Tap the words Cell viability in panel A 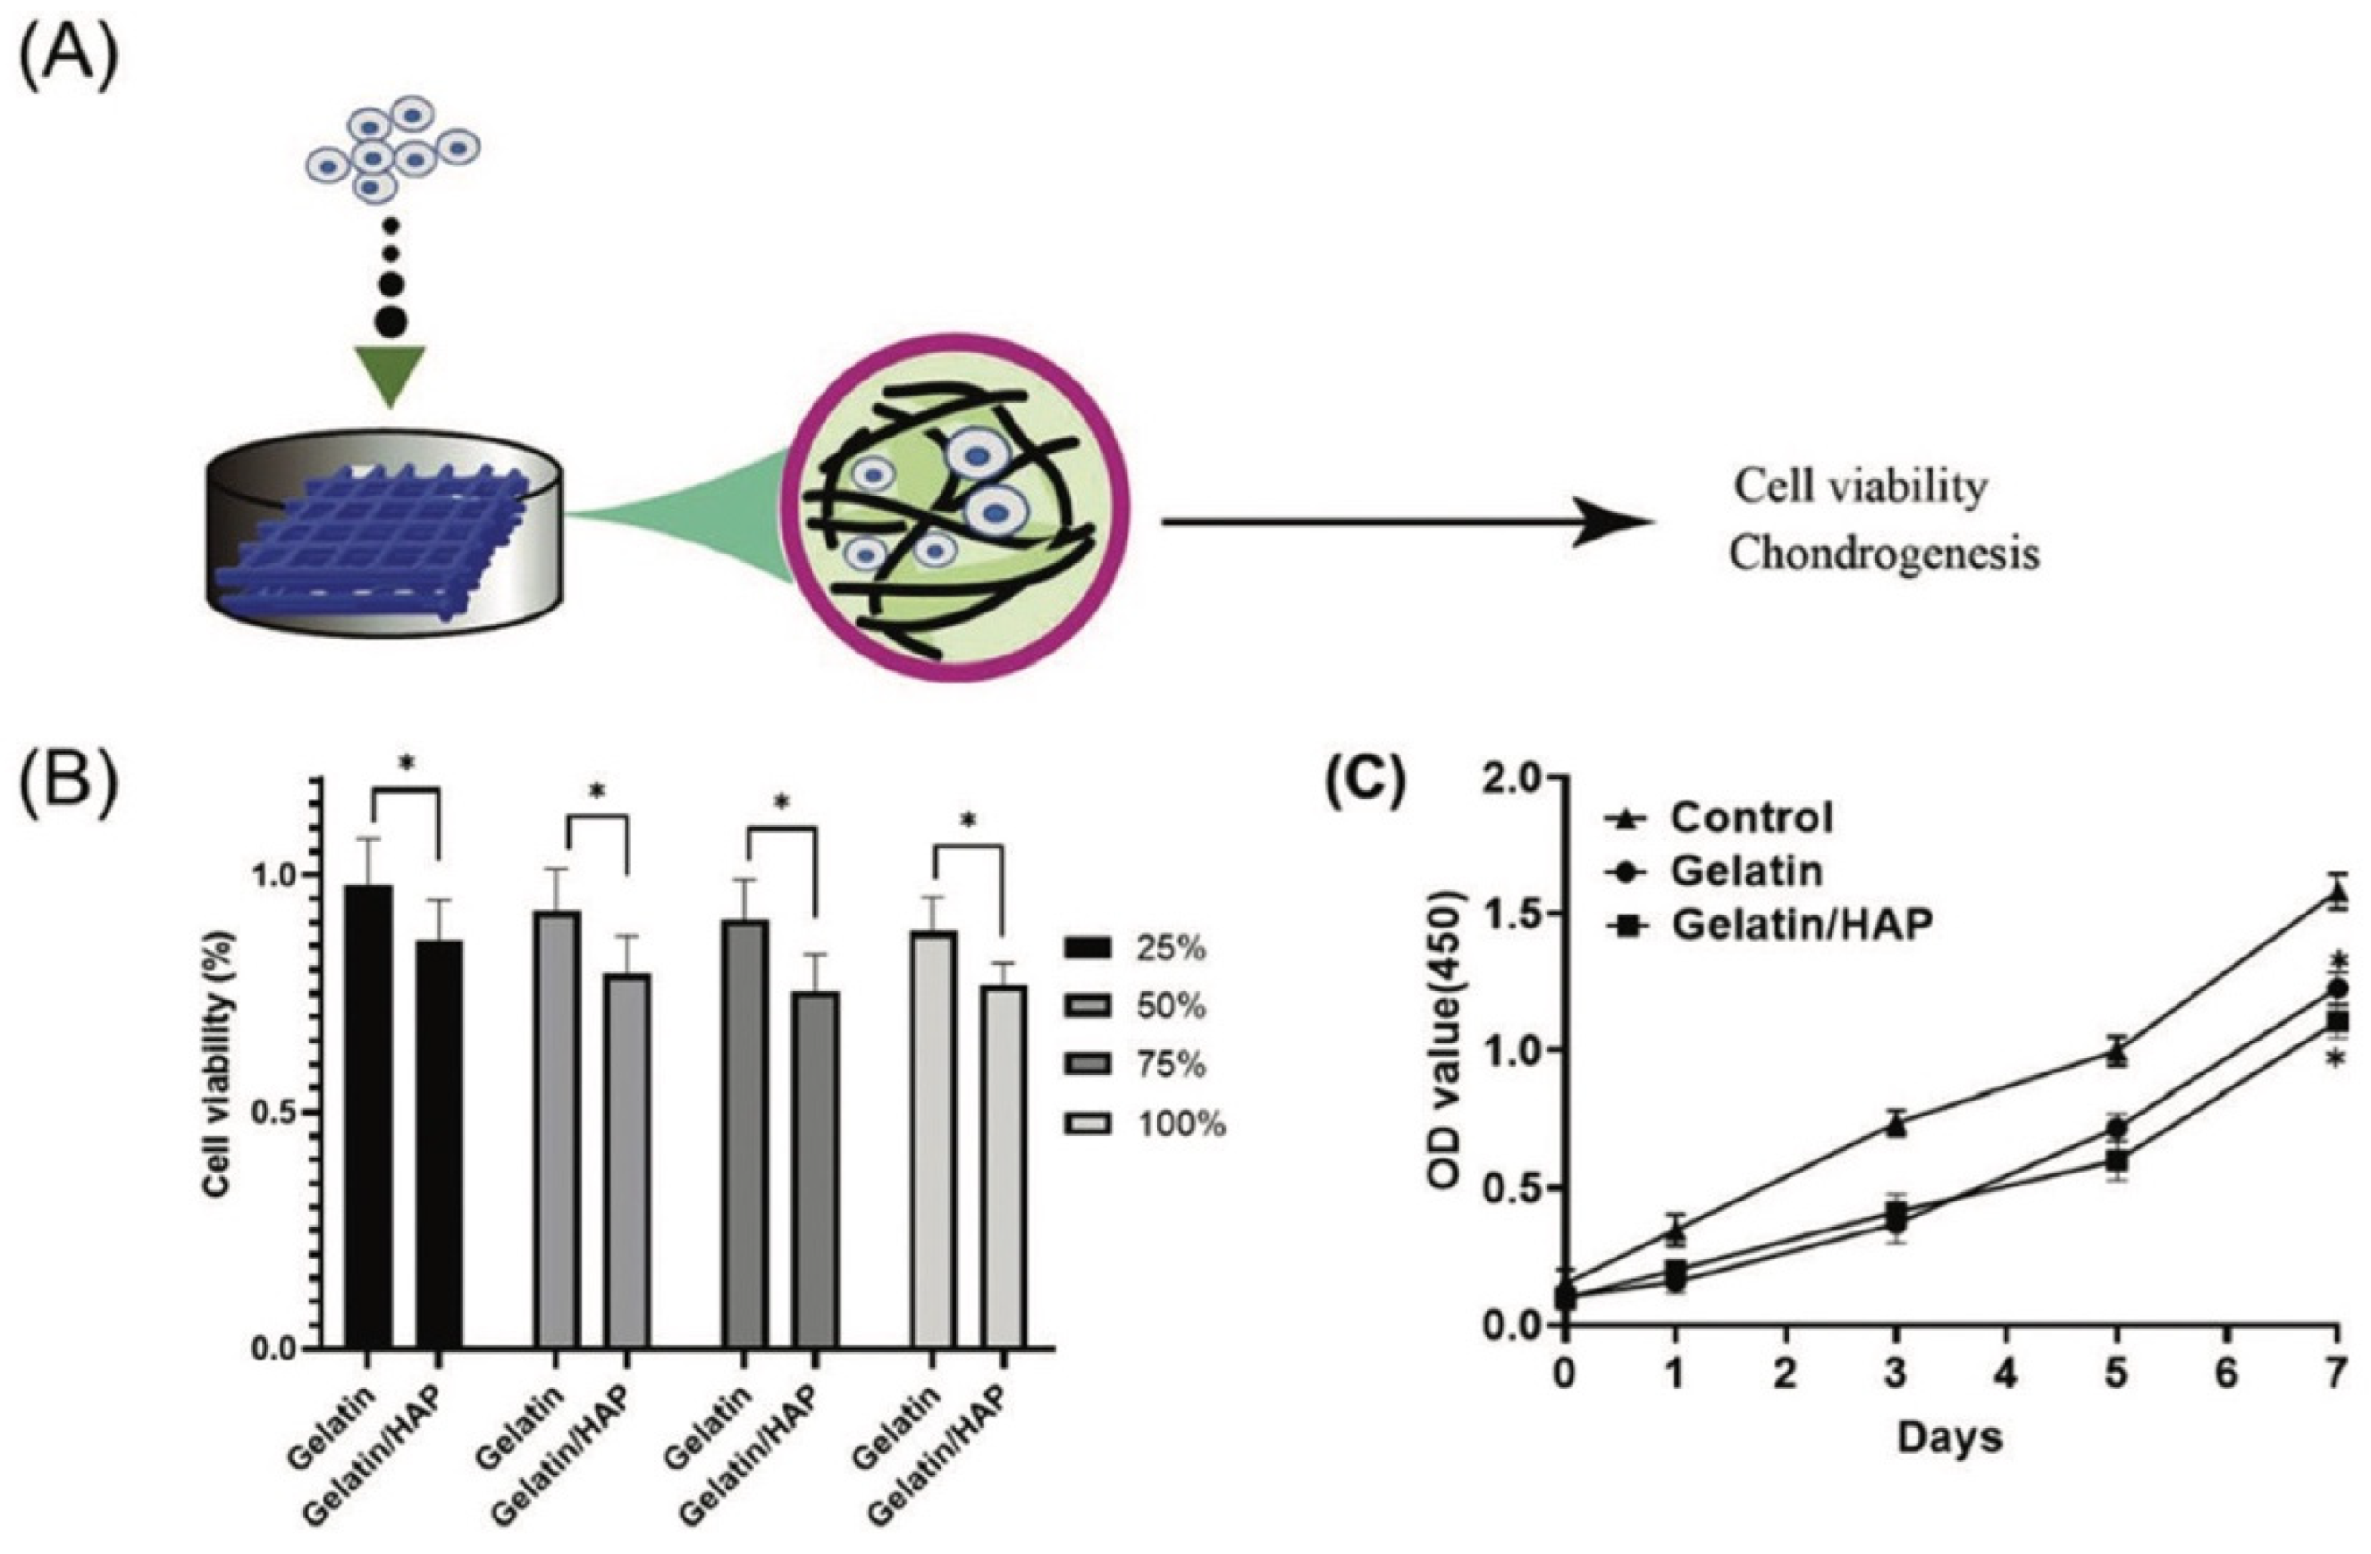tap(1861, 488)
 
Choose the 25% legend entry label tap(1171, 948)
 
